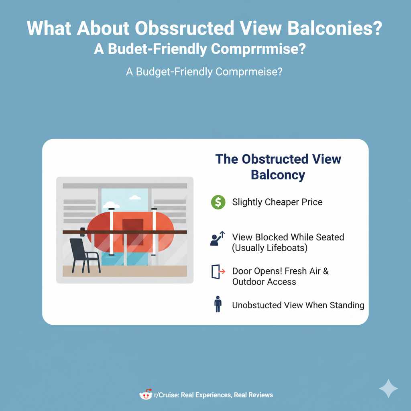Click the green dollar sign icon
coord(218,202)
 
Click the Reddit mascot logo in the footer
coord(146,395)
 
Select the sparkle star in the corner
coord(388,389)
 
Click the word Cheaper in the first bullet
coord(282,202)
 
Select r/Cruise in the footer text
coord(166,395)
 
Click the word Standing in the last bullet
coord(347,305)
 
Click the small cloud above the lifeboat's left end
coord(111,205)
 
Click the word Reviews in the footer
coord(260,395)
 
